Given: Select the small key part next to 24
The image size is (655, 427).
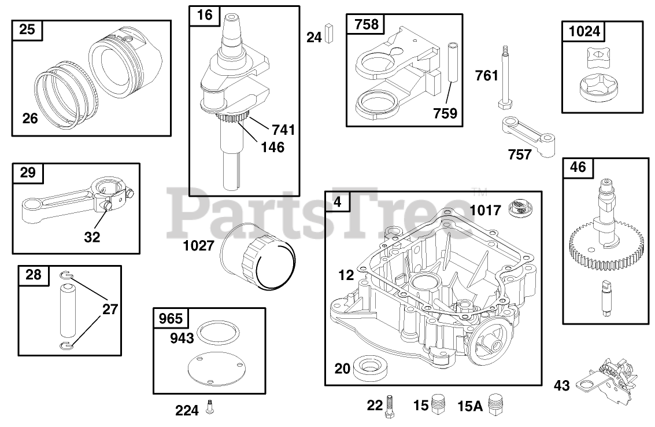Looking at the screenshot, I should click(330, 33).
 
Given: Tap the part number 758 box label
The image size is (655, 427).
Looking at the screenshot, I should click(367, 24).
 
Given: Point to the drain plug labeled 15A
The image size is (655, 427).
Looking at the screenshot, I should click(494, 404).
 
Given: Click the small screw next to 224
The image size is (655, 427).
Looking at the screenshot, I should click(210, 408).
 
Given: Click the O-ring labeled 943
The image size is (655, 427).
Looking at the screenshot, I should click(218, 334).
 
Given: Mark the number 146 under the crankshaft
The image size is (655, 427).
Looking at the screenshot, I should click(272, 147).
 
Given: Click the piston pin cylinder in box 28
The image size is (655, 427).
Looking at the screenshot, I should click(68, 310).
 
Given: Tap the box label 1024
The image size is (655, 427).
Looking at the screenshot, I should click(584, 31).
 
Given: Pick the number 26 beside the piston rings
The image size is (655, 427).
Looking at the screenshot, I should click(30, 118).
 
